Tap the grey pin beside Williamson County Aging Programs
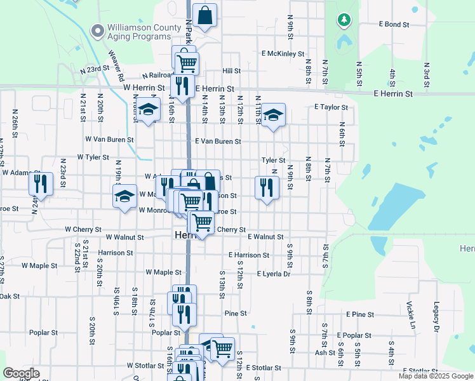tap(97, 30)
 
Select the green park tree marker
tap(344, 21)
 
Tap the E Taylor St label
tap(331, 108)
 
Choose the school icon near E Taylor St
tap(273, 115)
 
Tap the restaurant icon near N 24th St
tap(41, 184)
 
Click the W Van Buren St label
tap(110, 139)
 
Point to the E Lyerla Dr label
tap(273, 274)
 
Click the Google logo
tap(21, 373)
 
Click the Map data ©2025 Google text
tap(435, 376)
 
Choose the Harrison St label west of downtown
tap(116, 253)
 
